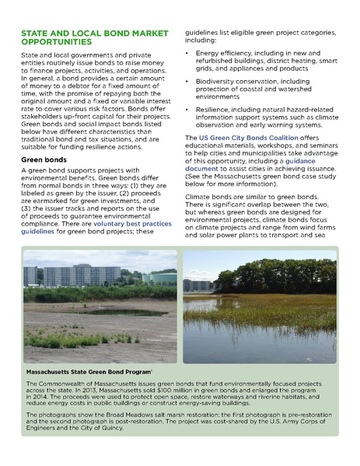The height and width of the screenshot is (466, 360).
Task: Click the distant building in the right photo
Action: click(199, 286)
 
